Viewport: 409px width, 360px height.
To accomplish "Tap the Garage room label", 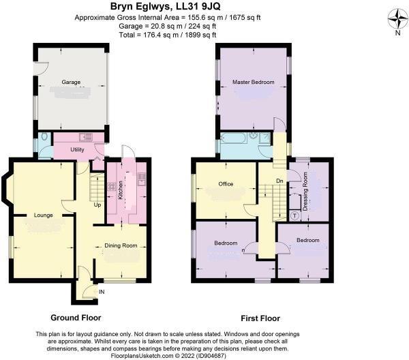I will point(72,82).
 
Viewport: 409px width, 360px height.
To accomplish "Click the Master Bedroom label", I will point(253,82).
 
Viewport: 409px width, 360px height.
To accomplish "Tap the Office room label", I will point(226,184).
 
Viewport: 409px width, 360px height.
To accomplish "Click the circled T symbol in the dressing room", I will point(294,215).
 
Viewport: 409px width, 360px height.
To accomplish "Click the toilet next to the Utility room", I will point(44,138).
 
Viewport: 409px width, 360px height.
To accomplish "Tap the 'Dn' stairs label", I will point(279,181).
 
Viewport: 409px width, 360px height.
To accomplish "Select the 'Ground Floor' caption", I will point(76,318).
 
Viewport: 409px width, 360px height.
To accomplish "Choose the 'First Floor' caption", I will point(260,318).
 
